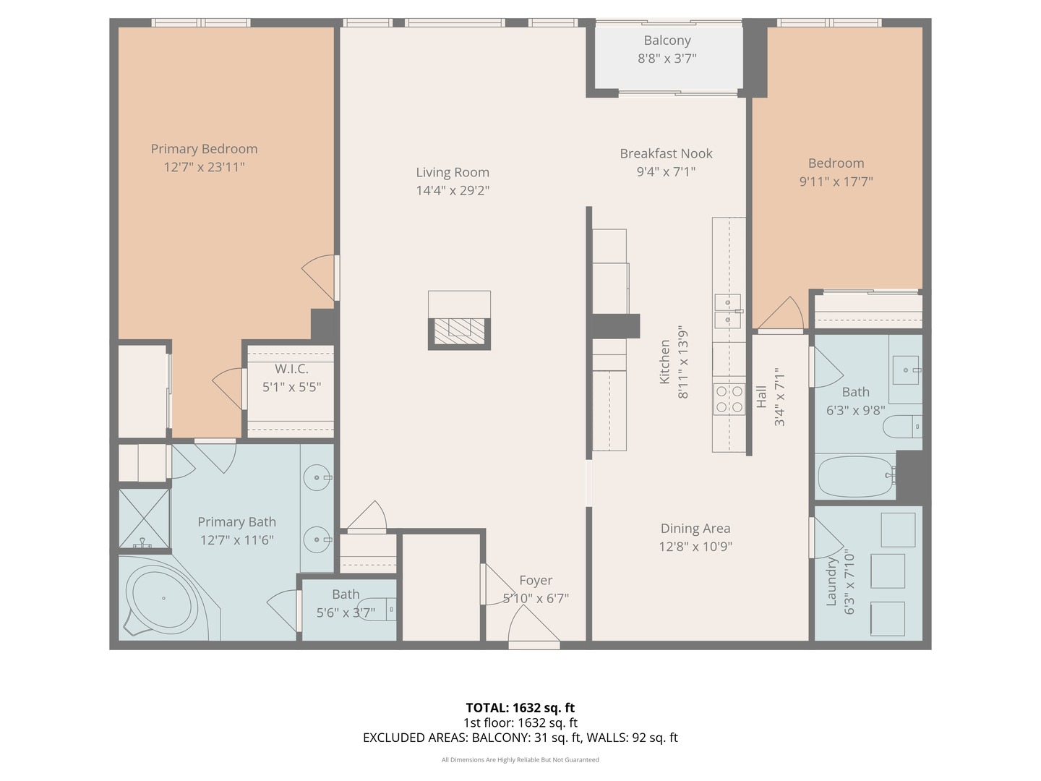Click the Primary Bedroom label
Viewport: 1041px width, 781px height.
pos(204,149)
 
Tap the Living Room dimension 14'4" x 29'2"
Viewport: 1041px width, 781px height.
pos(453,191)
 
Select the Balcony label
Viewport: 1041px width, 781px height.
pos(667,40)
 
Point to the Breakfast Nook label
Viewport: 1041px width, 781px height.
pos(666,153)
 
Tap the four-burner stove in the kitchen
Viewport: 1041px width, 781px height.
pos(729,398)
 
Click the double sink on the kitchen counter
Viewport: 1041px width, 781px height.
pos(728,311)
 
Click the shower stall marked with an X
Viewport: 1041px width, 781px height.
pos(144,518)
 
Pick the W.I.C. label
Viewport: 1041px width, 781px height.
pos(291,369)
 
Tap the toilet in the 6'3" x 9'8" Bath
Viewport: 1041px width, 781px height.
pos(902,427)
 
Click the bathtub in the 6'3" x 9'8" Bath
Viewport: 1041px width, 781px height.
pos(855,477)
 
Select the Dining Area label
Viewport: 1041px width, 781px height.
pos(695,528)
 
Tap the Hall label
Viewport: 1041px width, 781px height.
pos(761,396)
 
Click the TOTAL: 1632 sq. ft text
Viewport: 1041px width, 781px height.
pos(520,707)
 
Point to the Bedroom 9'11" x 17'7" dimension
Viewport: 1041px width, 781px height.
pos(836,182)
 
